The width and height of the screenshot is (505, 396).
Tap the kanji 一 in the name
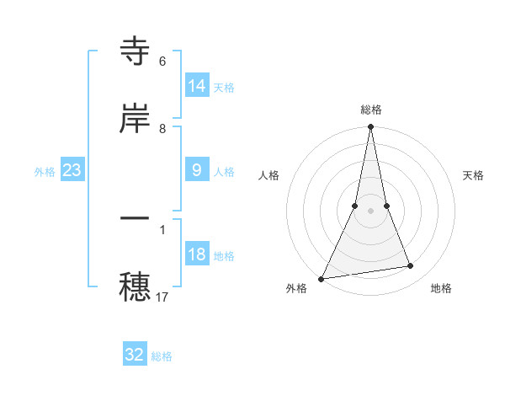coord(135,218)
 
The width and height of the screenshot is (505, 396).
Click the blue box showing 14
coord(197,86)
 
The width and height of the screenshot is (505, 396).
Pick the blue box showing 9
coord(197,170)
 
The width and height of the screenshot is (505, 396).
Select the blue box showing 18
coord(197,255)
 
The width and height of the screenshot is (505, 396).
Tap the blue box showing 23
coord(72,171)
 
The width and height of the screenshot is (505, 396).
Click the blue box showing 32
coord(135,355)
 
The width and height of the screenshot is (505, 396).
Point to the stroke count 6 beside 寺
coord(162,62)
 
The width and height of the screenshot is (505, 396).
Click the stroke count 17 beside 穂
coord(163,297)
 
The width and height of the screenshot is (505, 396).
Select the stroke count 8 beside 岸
coord(162,129)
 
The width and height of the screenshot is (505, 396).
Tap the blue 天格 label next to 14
coord(224,87)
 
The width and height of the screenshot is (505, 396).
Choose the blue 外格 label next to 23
coord(45,172)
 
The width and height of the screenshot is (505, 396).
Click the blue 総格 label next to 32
coord(162,356)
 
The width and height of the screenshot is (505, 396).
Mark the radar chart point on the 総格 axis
coord(370,127)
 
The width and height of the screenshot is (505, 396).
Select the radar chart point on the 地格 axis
coord(411,266)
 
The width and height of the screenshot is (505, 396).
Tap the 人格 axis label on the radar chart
coord(268,175)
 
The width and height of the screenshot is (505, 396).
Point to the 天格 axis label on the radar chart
coord(474,175)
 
